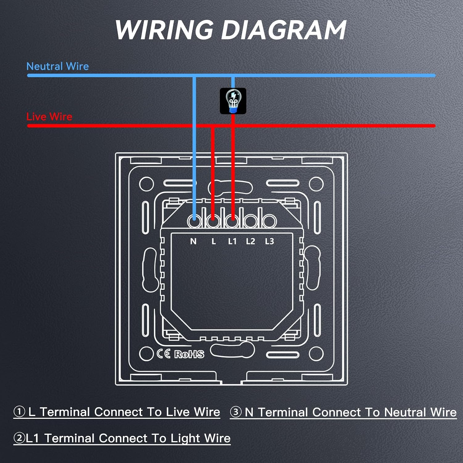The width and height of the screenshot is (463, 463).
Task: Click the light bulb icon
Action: pyautogui.click(x=233, y=101)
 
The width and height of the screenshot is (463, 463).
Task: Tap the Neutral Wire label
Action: pyautogui.click(x=58, y=66)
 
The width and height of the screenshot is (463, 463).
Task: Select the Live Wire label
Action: pyautogui.click(x=49, y=117)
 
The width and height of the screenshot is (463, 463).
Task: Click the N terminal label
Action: pyautogui.click(x=193, y=241)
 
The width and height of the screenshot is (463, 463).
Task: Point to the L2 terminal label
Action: pyautogui.click(x=251, y=241)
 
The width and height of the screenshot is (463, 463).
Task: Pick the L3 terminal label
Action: pyautogui.click(x=269, y=241)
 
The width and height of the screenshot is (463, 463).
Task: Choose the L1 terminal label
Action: pyautogui.click(x=232, y=241)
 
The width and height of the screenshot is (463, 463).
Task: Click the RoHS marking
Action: pyautogui.click(x=189, y=354)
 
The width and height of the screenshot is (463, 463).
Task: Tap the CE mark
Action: pyautogui.click(x=164, y=354)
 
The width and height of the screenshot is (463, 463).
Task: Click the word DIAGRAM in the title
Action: pyautogui.click(x=284, y=30)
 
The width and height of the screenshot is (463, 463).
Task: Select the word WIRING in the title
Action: pyautogui.click(x=164, y=30)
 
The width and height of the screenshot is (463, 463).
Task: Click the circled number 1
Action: pyautogui.click(x=19, y=412)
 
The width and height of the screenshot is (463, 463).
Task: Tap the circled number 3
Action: pyautogui.click(x=236, y=412)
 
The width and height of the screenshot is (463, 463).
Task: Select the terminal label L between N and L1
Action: pyautogui.click(x=214, y=241)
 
